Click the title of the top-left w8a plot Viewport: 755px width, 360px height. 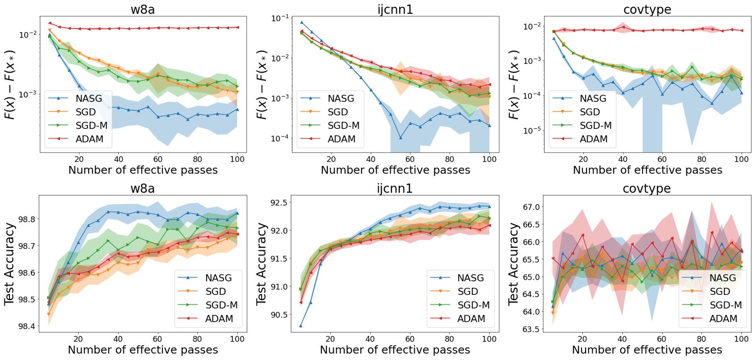point(143,9)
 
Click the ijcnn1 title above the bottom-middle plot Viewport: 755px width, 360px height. point(395,188)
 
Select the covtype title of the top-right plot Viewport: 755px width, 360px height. point(647,9)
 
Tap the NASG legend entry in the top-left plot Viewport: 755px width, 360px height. point(88,99)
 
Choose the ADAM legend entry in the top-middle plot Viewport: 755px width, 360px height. point(341,139)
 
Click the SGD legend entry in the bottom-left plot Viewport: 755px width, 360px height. point(215,292)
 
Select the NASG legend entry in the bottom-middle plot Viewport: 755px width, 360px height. point(470,278)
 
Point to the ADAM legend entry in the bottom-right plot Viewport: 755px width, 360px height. point(723,319)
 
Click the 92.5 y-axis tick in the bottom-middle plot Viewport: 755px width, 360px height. point(278,203)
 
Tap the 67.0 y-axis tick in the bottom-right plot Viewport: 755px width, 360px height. point(531,207)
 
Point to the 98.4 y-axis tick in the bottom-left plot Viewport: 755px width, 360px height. point(26,326)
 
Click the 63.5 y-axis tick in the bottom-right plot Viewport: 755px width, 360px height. point(531,329)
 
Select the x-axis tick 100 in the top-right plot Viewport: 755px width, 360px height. point(741,159)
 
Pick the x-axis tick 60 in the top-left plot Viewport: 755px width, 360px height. point(158,159)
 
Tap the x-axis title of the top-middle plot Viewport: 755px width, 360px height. point(395,170)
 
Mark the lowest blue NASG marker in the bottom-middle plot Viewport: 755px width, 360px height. point(301,326)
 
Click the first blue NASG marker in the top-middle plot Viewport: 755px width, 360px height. point(301,22)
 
